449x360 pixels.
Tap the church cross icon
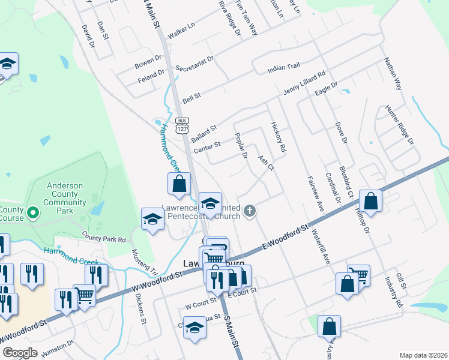(250, 211)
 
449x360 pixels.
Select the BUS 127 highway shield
(182, 124)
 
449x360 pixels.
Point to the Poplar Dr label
(241, 146)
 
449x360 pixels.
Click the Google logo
(20, 353)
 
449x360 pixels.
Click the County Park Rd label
(104, 238)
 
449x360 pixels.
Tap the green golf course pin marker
(33, 212)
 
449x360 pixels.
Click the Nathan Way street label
(392, 73)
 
